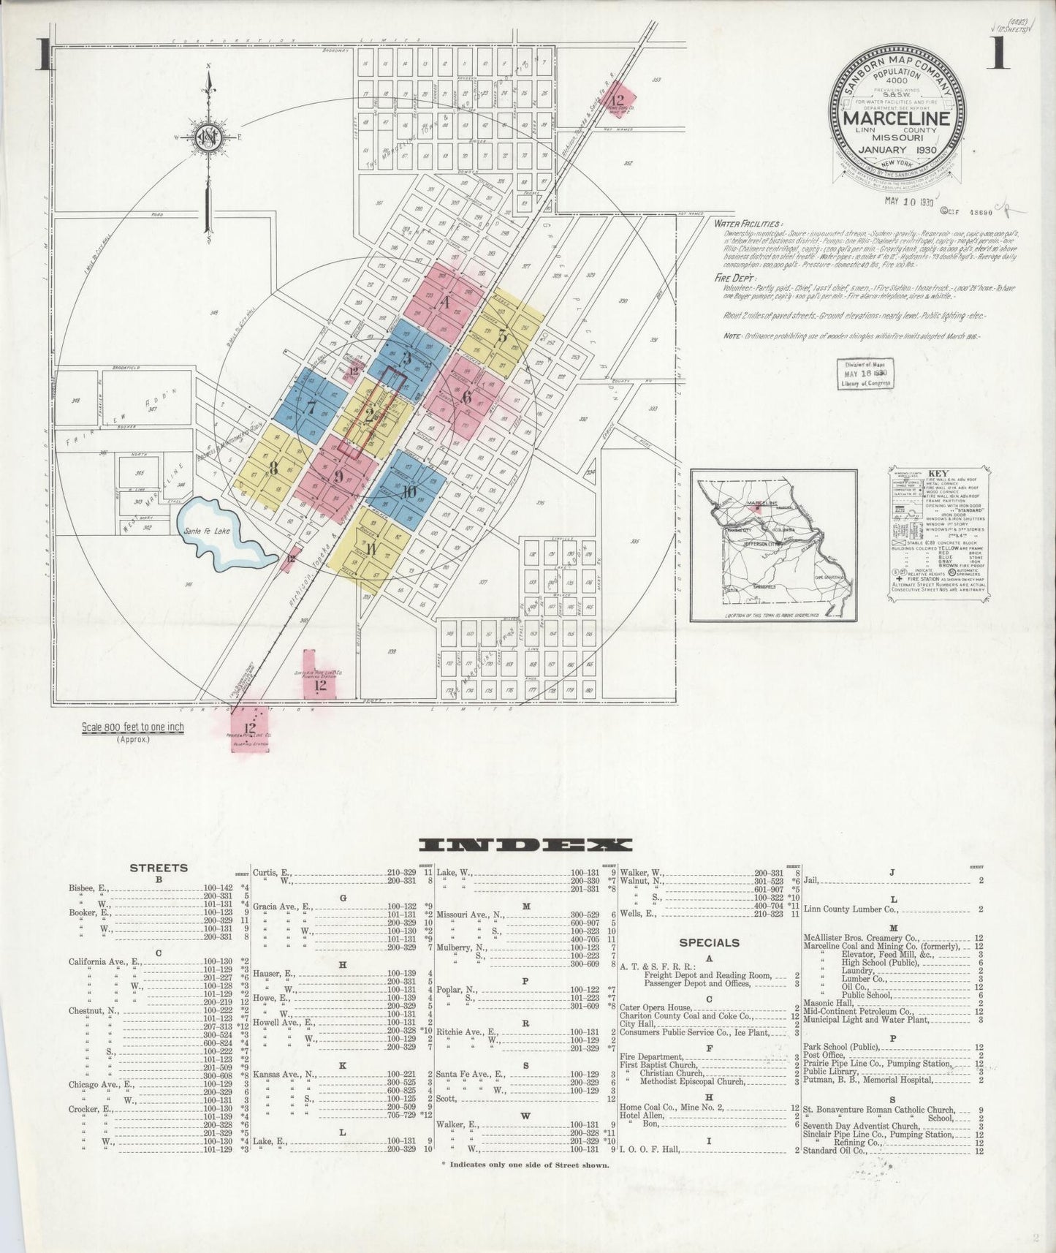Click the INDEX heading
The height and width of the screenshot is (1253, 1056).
(527, 845)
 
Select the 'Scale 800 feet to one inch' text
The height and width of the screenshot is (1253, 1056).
(133, 727)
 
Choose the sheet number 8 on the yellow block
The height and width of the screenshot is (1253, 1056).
(273, 468)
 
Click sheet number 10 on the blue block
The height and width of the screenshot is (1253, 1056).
(409, 491)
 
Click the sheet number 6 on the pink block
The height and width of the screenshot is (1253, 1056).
(466, 398)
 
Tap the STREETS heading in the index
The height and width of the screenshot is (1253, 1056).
(159, 868)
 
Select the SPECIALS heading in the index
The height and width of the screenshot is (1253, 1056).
(709, 943)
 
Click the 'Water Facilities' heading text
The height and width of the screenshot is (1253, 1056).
(749, 224)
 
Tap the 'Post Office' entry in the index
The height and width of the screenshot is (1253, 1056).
(824, 1055)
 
